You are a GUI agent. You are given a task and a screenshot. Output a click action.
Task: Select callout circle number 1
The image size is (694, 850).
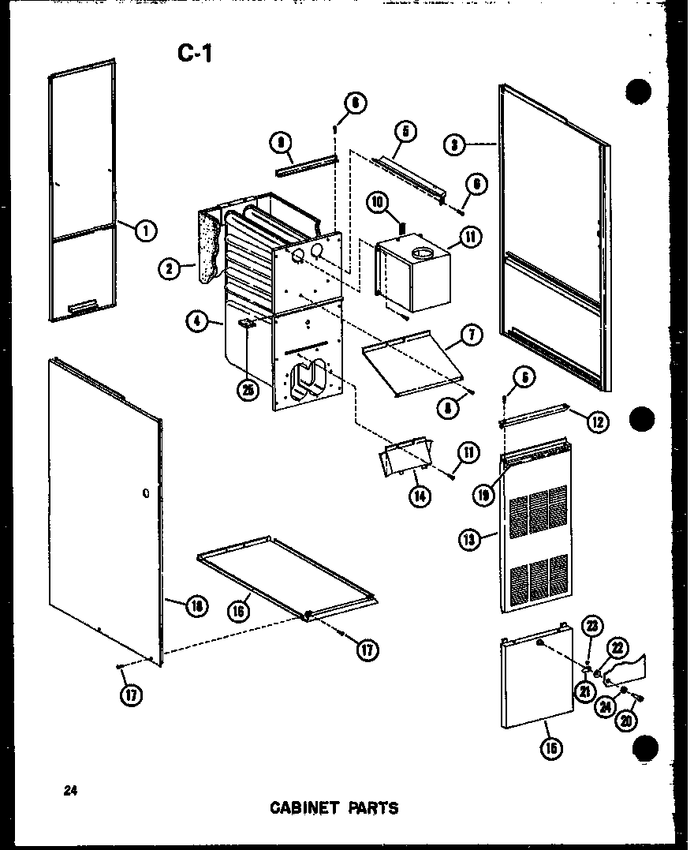(145, 231)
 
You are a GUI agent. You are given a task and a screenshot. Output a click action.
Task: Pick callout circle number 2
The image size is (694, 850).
(169, 268)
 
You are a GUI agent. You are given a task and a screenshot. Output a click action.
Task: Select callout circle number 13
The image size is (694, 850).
(469, 539)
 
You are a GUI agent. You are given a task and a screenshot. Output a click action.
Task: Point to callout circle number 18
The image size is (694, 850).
(196, 605)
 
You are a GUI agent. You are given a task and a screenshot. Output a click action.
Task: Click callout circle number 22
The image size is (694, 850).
(617, 648)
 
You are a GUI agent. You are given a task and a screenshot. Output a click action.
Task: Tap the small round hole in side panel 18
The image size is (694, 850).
(147, 493)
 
